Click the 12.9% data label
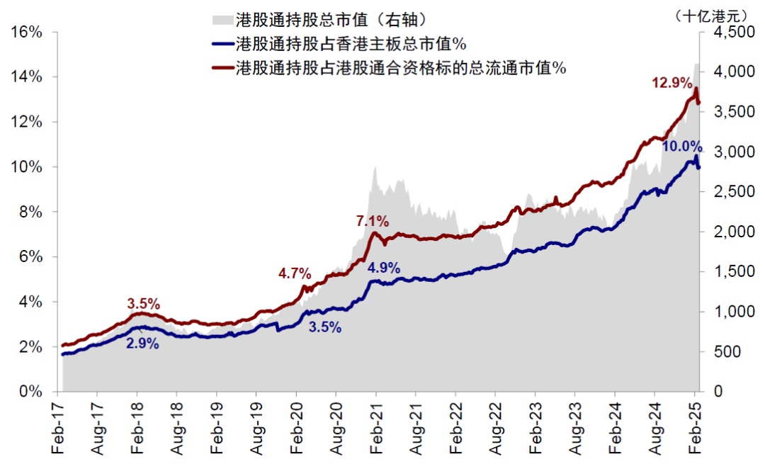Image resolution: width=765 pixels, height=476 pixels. pyautogui.click(x=671, y=83)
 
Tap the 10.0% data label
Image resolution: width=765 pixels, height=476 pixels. pyautogui.click(x=682, y=147)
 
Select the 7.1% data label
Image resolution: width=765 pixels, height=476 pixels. pyautogui.click(x=372, y=222)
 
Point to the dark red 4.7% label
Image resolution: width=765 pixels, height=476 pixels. pyautogui.click(x=294, y=273)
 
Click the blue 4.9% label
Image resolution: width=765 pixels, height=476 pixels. pyautogui.click(x=383, y=268)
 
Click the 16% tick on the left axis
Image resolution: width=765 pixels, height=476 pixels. pyautogui.click(x=27, y=32)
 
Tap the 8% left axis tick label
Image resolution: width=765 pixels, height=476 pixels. pyautogui.click(x=31, y=212)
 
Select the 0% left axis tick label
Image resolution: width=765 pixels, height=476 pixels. pyautogui.click(x=31, y=392)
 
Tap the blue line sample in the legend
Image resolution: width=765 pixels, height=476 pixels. pyautogui.click(x=222, y=43)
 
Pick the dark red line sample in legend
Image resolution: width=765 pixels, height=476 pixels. pyautogui.click(x=222, y=68)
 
